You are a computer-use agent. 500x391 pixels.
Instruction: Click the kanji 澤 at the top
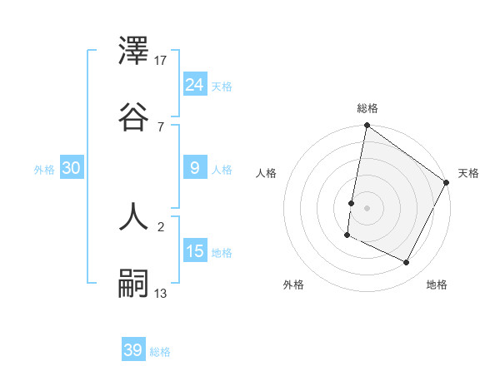[x=134, y=52]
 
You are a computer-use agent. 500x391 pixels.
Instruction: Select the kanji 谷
[x=134, y=116]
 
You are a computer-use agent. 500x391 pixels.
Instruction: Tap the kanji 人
[x=134, y=218]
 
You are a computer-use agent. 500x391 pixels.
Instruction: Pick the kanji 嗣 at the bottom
[x=134, y=283]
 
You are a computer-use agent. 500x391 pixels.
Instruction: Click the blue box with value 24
[x=195, y=84]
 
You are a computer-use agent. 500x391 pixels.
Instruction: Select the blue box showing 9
[x=195, y=168]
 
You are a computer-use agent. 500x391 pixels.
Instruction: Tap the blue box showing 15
[x=195, y=250]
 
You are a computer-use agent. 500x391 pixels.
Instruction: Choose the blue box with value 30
[x=72, y=168]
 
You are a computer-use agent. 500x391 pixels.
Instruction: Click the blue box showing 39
[x=133, y=350]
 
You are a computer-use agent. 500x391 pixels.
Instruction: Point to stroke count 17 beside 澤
[x=162, y=61]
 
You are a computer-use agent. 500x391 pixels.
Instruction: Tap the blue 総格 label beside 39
[x=160, y=352]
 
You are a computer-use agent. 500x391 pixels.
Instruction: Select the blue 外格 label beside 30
[x=44, y=170]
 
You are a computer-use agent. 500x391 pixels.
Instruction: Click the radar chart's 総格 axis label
[x=367, y=108]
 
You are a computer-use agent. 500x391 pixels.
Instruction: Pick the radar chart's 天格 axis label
[x=468, y=173]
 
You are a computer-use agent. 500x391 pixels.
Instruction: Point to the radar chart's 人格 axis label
[x=267, y=173]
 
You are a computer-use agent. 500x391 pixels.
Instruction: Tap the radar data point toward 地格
[x=407, y=263]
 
